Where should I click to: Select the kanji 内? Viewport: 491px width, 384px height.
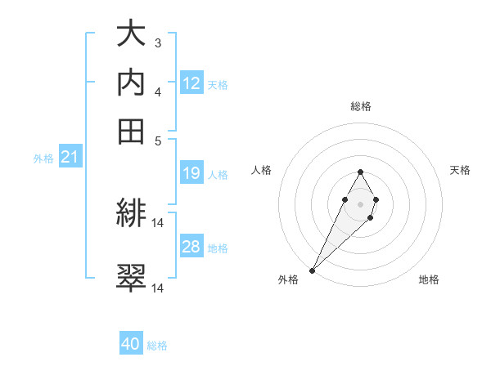[x=132, y=82]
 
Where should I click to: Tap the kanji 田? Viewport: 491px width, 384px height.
[x=132, y=129]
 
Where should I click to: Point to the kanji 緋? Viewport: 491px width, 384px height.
[x=132, y=216]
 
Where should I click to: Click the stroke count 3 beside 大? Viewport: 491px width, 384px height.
[x=158, y=43]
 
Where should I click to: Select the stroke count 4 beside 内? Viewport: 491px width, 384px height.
[x=158, y=92]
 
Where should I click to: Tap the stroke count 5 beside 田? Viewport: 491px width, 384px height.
[x=158, y=140]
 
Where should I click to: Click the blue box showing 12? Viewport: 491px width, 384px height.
[x=191, y=83]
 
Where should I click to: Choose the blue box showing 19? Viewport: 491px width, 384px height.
[x=191, y=173]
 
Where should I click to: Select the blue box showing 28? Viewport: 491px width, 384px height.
[x=191, y=247]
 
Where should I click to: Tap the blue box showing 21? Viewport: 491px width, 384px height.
[x=70, y=157]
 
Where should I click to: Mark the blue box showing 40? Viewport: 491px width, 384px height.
[x=131, y=344]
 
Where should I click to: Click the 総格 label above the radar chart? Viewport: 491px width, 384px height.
[x=360, y=106]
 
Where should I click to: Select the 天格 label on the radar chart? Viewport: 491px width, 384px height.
[x=460, y=170]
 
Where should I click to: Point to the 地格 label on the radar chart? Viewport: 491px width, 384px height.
[x=429, y=280]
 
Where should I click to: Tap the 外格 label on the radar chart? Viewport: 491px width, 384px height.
[x=288, y=280]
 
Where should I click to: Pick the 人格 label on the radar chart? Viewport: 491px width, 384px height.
[x=261, y=170]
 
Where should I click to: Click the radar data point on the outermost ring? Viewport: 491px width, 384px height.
[x=313, y=270]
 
